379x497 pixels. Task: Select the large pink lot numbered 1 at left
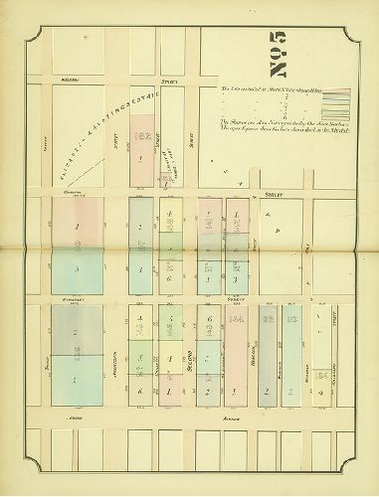click(x=75, y=226)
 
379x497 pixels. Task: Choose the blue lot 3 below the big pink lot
click(x=75, y=268)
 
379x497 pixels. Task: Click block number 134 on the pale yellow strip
click(x=323, y=376)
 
